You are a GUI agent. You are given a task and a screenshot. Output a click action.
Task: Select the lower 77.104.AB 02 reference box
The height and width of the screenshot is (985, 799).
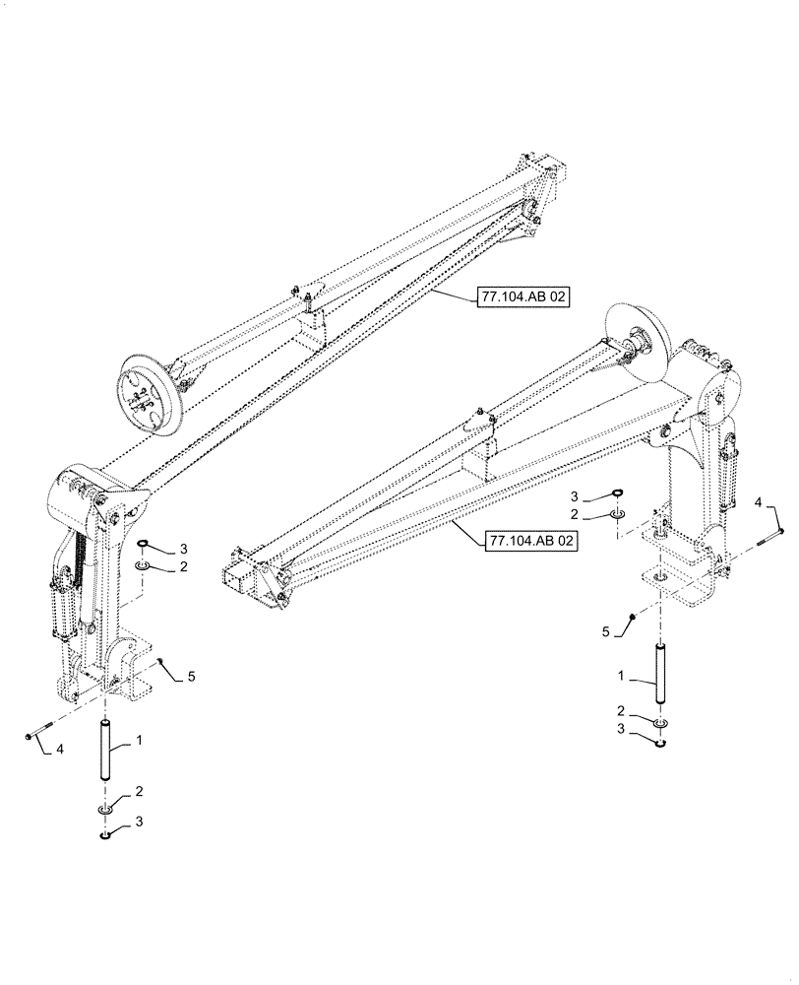pyautogui.click(x=529, y=541)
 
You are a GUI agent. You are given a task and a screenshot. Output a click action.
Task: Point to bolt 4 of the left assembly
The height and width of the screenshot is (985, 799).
pyautogui.click(x=35, y=734)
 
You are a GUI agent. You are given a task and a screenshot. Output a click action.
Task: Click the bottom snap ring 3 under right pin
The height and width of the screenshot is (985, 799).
pyautogui.click(x=662, y=742)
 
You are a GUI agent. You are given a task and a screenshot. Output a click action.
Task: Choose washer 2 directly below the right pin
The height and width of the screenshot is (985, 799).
pyautogui.click(x=662, y=724)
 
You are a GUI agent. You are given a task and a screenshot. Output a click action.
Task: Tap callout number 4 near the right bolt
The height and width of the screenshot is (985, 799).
pyautogui.click(x=759, y=502)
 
